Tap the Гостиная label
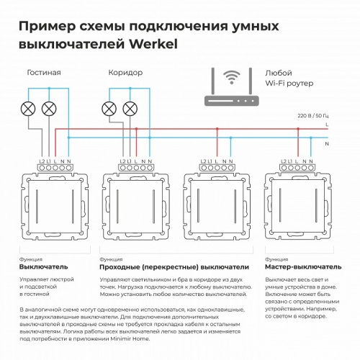43,73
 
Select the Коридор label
125,73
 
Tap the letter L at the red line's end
328,125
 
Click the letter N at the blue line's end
328,143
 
